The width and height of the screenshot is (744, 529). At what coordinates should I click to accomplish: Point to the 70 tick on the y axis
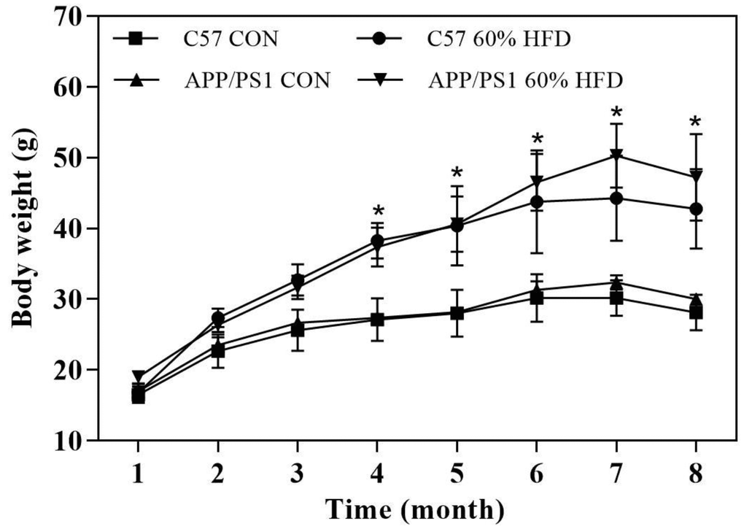coord(69,16)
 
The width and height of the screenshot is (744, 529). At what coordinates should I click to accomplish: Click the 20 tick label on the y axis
coord(69,370)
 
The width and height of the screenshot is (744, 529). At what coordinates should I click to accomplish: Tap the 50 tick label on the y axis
coord(69,158)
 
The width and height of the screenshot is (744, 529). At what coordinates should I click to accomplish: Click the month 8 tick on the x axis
coord(696,475)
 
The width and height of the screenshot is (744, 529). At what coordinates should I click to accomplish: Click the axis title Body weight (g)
coord(26,228)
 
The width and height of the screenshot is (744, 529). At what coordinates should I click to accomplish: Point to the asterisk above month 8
coord(696,122)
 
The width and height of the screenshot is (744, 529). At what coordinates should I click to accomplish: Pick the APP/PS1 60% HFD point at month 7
coord(616,155)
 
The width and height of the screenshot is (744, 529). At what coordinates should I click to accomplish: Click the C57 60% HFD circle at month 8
coord(696,209)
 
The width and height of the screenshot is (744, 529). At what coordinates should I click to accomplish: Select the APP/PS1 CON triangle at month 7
coord(616,282)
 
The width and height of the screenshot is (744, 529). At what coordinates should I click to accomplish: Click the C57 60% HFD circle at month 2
coord(217,318)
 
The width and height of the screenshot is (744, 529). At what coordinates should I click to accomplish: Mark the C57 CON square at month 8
coord(696,313)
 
